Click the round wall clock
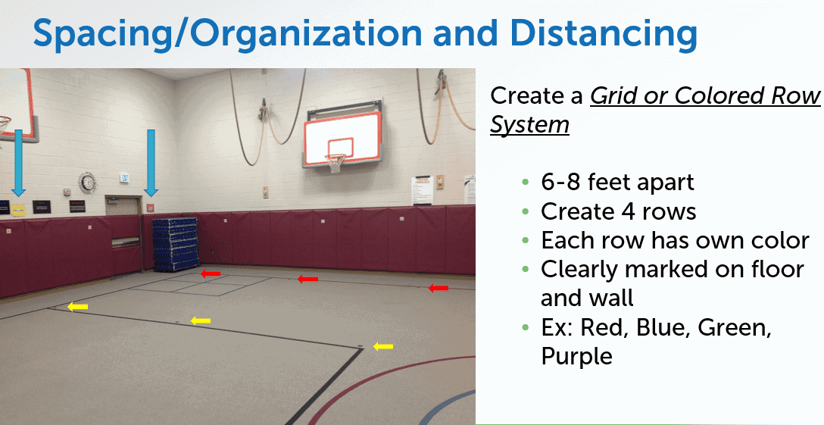[88, 183]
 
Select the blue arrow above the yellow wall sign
[18, 163]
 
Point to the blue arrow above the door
[151, 163]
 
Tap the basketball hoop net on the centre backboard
[335, 164]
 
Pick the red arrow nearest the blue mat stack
[211, 273]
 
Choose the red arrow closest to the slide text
[439, 288]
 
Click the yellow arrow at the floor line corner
[383, 346]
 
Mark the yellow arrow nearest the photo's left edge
[78, 306]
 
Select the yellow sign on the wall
[18, 208]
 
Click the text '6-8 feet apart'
[617, 182]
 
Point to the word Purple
[576, 356]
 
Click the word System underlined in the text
[529, 125]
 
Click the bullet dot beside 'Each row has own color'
[525, 240]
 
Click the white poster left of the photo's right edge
[422, 190]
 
